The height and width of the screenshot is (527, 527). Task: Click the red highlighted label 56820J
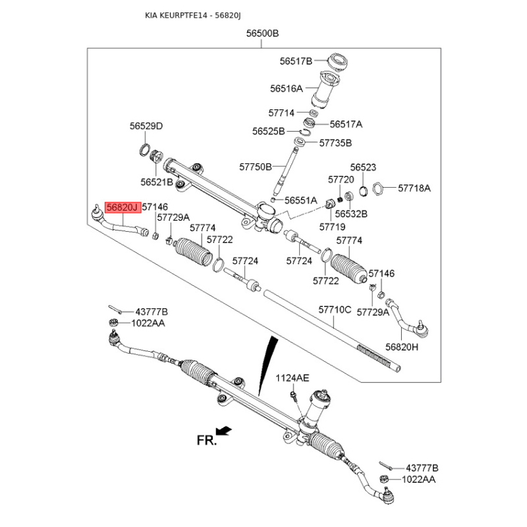(x=122, y=208)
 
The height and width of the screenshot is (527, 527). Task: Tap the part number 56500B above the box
(x=263, y=34)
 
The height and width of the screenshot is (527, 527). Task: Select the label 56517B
(x=295, y=61)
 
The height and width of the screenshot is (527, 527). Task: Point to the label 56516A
(x=286, y=88)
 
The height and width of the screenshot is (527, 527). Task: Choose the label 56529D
(x=146, y=126)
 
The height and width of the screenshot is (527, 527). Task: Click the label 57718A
(x=414, y=188)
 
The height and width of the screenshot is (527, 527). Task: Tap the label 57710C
(x=335, y=309)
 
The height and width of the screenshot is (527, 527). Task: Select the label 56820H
(x=402, y=347)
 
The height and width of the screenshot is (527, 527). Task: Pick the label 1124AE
(x=292, y=377)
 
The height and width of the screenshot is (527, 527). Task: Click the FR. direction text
(x=206, y=441)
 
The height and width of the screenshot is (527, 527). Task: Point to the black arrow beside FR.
(x=225, y=431)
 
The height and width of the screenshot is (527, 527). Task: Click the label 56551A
(x=301, y=200)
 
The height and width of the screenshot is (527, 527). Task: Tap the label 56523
(x=363, y=167)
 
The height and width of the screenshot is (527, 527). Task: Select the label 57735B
(x=335, y=142)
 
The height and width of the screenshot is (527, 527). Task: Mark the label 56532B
(x=351, y=213)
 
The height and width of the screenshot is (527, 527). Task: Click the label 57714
(x=281, y=113)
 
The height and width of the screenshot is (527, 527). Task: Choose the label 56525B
(x=268, y=131)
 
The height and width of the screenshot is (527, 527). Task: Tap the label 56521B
(x=156, y=181)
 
